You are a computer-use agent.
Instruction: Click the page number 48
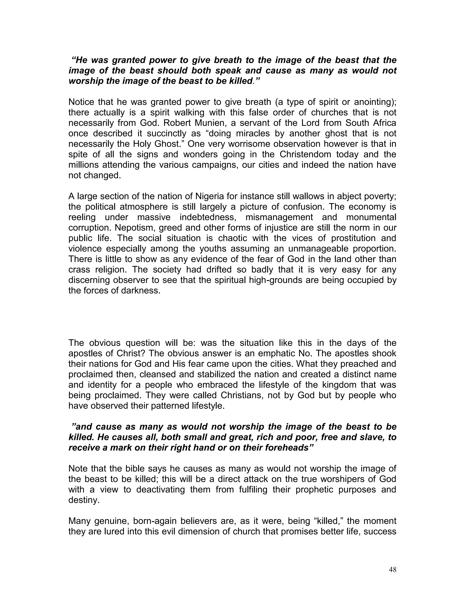[393, 570]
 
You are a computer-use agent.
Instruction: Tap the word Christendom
[305, 154]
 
